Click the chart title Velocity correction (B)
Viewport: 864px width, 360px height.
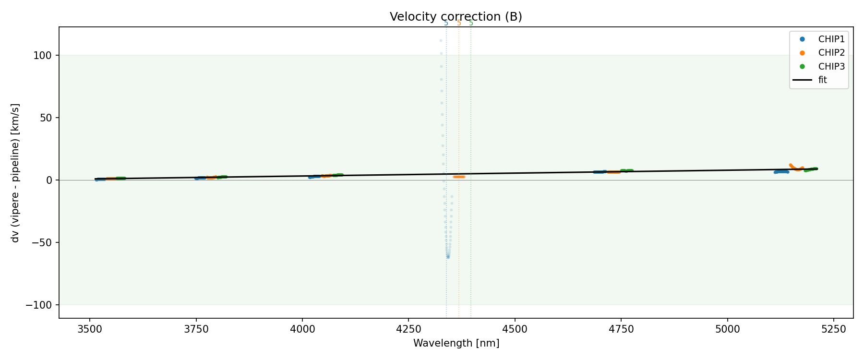[x=456, y=17]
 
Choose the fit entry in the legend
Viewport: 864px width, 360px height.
[x=822, y=80]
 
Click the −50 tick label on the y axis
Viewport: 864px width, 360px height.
[x=42, y=242]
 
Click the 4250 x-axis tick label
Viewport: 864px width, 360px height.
[x=408, y=329]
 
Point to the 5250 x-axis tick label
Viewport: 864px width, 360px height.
[x=833, y=329]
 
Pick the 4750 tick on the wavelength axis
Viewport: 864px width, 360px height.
[x=621, y=329]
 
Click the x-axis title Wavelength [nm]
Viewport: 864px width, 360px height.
[x=456, y=343]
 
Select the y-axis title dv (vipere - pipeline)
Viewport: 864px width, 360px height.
[x=15, y=173]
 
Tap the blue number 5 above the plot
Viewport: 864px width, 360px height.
[x=446, y=23]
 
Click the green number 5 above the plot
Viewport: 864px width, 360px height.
[x=471, y=23]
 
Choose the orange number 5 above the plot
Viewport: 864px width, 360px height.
[x=459, y=23]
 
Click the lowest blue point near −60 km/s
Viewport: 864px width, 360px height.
[x=448, y=257]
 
